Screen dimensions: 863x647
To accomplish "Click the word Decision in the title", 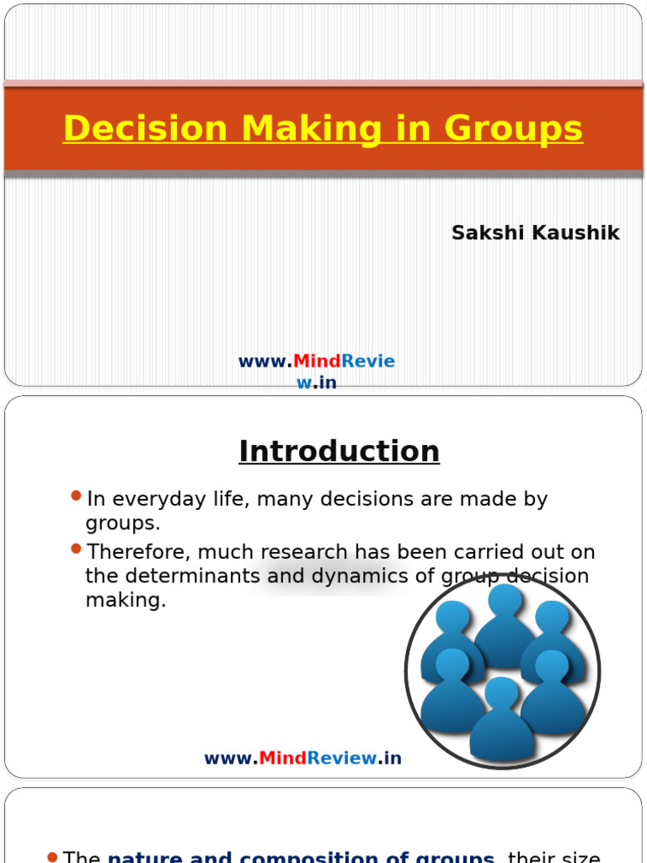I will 145,129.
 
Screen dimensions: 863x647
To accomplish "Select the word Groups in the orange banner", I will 513,129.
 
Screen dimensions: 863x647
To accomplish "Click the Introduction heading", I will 339,451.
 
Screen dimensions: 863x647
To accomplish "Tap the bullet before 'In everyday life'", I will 77,496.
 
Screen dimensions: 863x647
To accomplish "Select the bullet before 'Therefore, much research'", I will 77,549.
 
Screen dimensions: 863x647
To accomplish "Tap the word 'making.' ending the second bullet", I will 126,601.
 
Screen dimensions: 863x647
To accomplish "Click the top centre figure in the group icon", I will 505,624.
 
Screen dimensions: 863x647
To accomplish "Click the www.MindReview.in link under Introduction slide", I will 302,758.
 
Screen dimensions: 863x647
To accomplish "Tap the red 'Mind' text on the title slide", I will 317,362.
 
